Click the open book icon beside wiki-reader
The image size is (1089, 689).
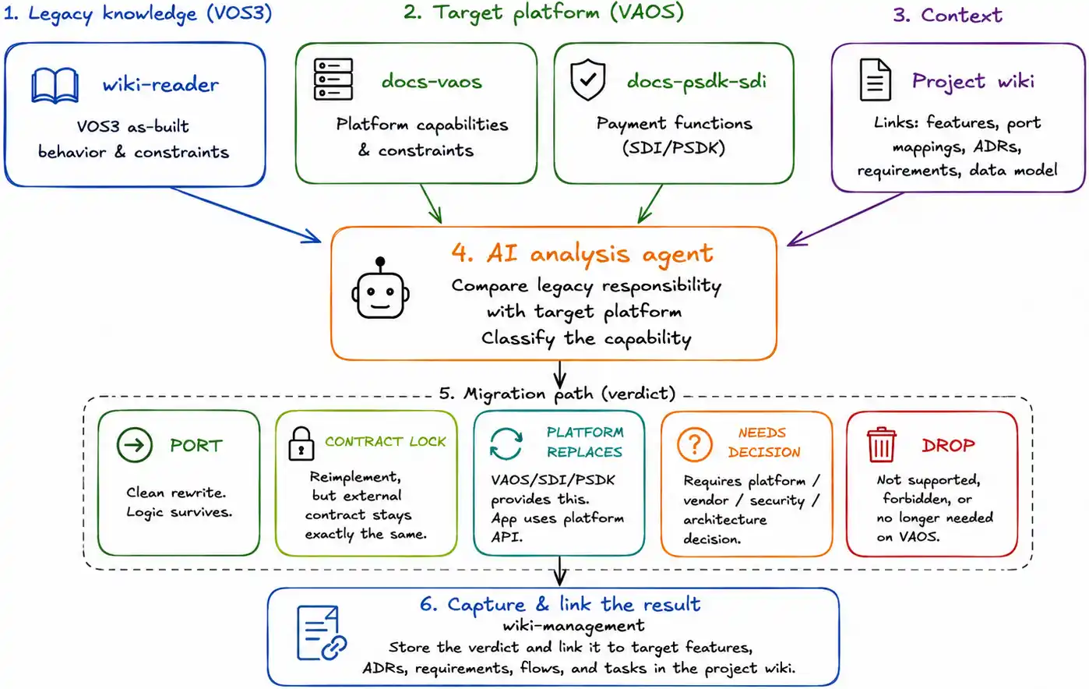click(x=55, y=86)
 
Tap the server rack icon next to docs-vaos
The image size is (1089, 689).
click(x=333, y=79)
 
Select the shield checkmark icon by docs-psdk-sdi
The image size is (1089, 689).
click(x=588, y=79)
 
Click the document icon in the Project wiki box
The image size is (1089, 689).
click(x=875, y=79)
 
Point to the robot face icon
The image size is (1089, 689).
click(x=380, y=288)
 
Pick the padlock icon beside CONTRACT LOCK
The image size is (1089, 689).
click(x=301, y=443)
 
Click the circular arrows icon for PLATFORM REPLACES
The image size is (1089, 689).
click(x=506, y=443)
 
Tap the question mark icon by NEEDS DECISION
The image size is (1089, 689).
click(x=694, y=444)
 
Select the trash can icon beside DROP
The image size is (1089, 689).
click(x=882, y=444)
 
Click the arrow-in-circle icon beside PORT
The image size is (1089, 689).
click(x=135, y=445)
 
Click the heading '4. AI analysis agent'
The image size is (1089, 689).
click(x=582, y=253)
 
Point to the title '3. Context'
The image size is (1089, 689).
click(x=947, y=15)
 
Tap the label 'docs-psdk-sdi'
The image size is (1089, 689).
click(x=696, y=81)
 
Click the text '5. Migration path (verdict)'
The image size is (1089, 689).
click(x=557, y=393)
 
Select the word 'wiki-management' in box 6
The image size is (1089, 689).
click(x=573, y=625)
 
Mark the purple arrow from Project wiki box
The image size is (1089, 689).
click(x=845, y=219)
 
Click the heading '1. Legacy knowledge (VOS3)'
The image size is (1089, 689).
click(x=138, y=13)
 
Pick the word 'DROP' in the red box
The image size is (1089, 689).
click(x=948, y=445)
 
